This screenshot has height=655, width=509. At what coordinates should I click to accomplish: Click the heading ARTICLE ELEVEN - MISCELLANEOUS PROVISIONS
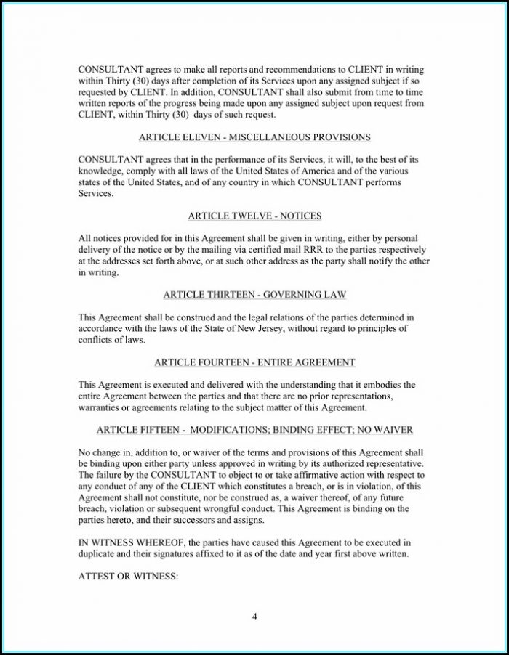(254, 137)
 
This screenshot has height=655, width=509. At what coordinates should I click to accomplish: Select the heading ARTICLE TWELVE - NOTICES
(254, 216)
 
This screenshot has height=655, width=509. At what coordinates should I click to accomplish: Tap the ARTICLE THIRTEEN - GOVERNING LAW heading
(254, 295)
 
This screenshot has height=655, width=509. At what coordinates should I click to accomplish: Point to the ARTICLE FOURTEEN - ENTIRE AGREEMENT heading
(254, 362)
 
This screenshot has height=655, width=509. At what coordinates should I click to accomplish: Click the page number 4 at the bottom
(254, 617)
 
